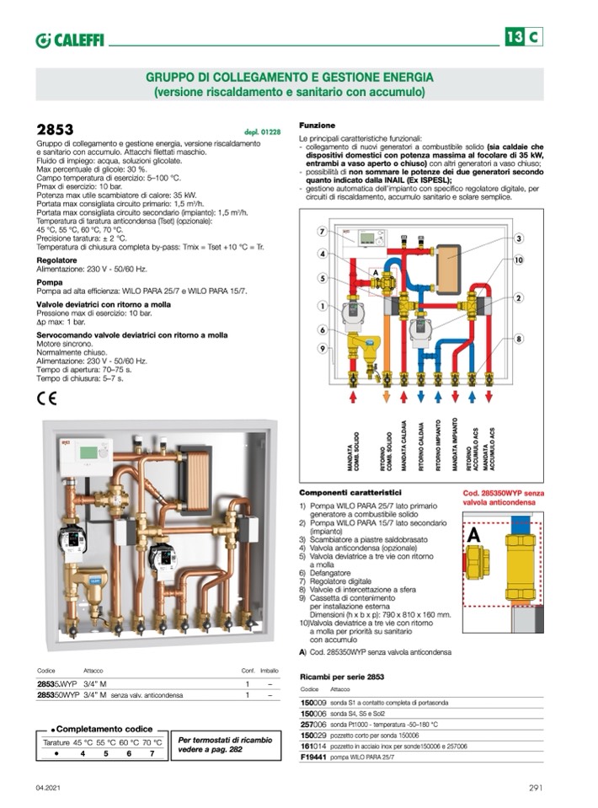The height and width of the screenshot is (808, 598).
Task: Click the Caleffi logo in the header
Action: tap(69, 40)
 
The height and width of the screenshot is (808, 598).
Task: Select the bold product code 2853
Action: tap(55, 130)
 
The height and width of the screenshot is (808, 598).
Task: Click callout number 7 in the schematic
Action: tap(322, 232)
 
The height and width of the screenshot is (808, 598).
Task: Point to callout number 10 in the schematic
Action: tap(520, 261)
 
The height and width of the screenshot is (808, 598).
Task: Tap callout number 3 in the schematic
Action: tap(520, 239)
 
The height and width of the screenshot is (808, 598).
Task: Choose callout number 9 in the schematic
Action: tap(322, 349)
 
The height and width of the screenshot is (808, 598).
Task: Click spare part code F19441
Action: tap(314, 757)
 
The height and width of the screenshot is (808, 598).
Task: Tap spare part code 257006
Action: tap(314, 724)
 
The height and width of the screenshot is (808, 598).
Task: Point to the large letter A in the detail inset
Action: tap(474, 534)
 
